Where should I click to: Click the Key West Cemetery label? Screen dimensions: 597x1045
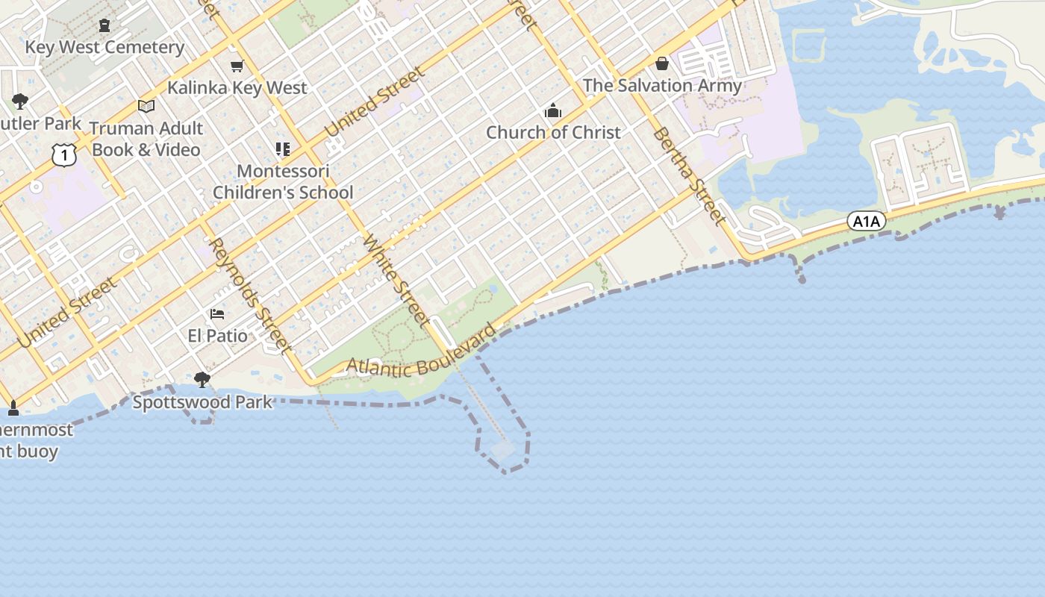[104, 48]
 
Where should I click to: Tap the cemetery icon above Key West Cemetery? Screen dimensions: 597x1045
[104, 25]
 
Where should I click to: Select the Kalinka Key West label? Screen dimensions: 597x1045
[237, 88]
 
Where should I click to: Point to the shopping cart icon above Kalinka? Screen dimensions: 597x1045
[237, 66]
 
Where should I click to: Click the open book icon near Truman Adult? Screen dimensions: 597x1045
[146, 107]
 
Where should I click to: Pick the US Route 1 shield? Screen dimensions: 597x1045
[65, 154]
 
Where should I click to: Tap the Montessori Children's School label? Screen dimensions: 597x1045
[283, 181]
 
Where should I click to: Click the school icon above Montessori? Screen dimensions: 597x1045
[283, 149]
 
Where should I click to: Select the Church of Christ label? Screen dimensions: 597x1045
[553, 133]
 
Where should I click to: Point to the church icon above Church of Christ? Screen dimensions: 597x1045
[553, 111]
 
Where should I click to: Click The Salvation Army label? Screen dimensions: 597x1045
[662, 86]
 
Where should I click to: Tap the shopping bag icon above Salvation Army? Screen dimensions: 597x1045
[662, 63]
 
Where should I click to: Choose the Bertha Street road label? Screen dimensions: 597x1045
[689, 176]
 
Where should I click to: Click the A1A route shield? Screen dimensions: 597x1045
[867, 221]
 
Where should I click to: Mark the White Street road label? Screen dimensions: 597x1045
[396, 281]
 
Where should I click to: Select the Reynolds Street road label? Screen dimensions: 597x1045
[249, 295]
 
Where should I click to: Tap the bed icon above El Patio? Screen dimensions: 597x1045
[217, 314]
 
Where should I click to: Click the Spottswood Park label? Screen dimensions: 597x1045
[202, 402]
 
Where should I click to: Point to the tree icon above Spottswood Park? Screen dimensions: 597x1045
[202, 380]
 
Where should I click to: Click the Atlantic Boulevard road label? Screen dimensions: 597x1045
[422, 353]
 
